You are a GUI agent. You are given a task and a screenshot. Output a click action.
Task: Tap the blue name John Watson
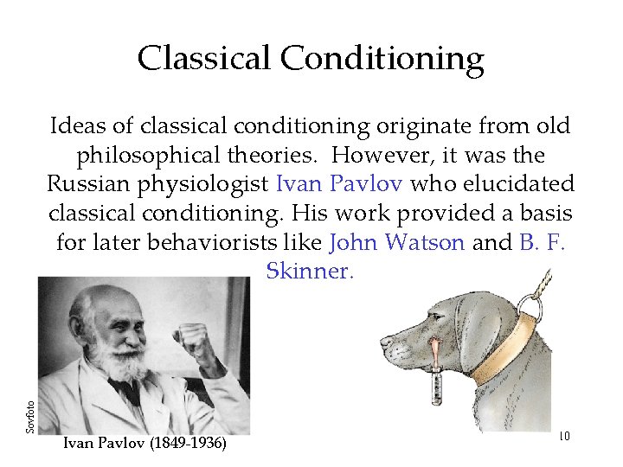tap(397, 242)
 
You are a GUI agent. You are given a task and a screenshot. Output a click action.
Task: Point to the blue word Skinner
tap(310, 272)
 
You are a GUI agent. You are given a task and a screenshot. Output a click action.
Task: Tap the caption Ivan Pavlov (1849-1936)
tap(145, 444)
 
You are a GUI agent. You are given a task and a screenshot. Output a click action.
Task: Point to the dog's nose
tap(385, 342)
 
